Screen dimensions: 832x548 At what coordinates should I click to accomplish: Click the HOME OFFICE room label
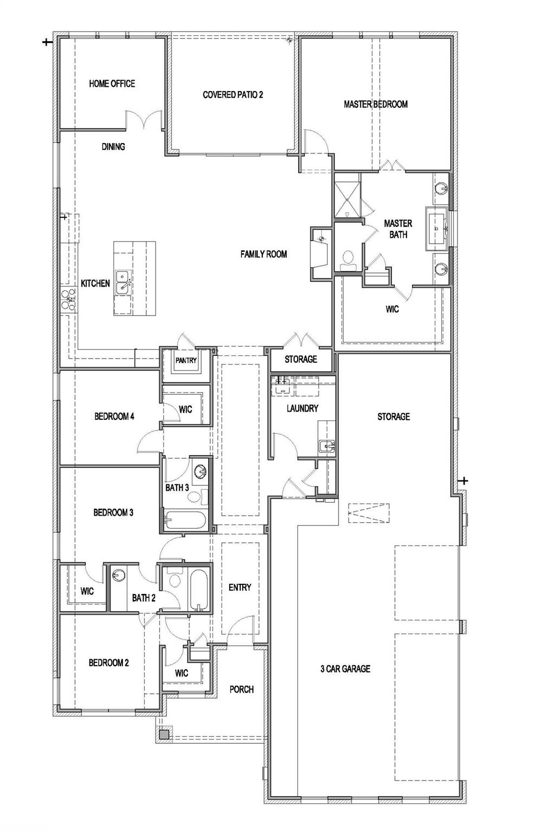[112, 83]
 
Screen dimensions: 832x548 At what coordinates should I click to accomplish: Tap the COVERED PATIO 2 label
[233, 95]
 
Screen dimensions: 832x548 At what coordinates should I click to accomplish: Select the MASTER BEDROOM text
[375, 104]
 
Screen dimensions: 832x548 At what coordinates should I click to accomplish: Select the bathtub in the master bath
[437, 229]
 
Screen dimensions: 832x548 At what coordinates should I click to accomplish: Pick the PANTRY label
[185, 360]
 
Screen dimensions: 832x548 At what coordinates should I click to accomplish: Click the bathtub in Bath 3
[184, 521]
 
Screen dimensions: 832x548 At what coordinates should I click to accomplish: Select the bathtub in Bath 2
[198, 590]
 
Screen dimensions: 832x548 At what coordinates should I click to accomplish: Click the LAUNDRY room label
[302, 408]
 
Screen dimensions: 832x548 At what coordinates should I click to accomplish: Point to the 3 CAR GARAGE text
[345, 669]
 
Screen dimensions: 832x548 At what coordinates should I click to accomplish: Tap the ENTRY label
[240, 587]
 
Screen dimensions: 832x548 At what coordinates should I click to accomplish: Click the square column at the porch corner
[164, 734]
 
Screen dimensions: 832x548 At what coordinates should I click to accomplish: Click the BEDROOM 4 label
[114, 416]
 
